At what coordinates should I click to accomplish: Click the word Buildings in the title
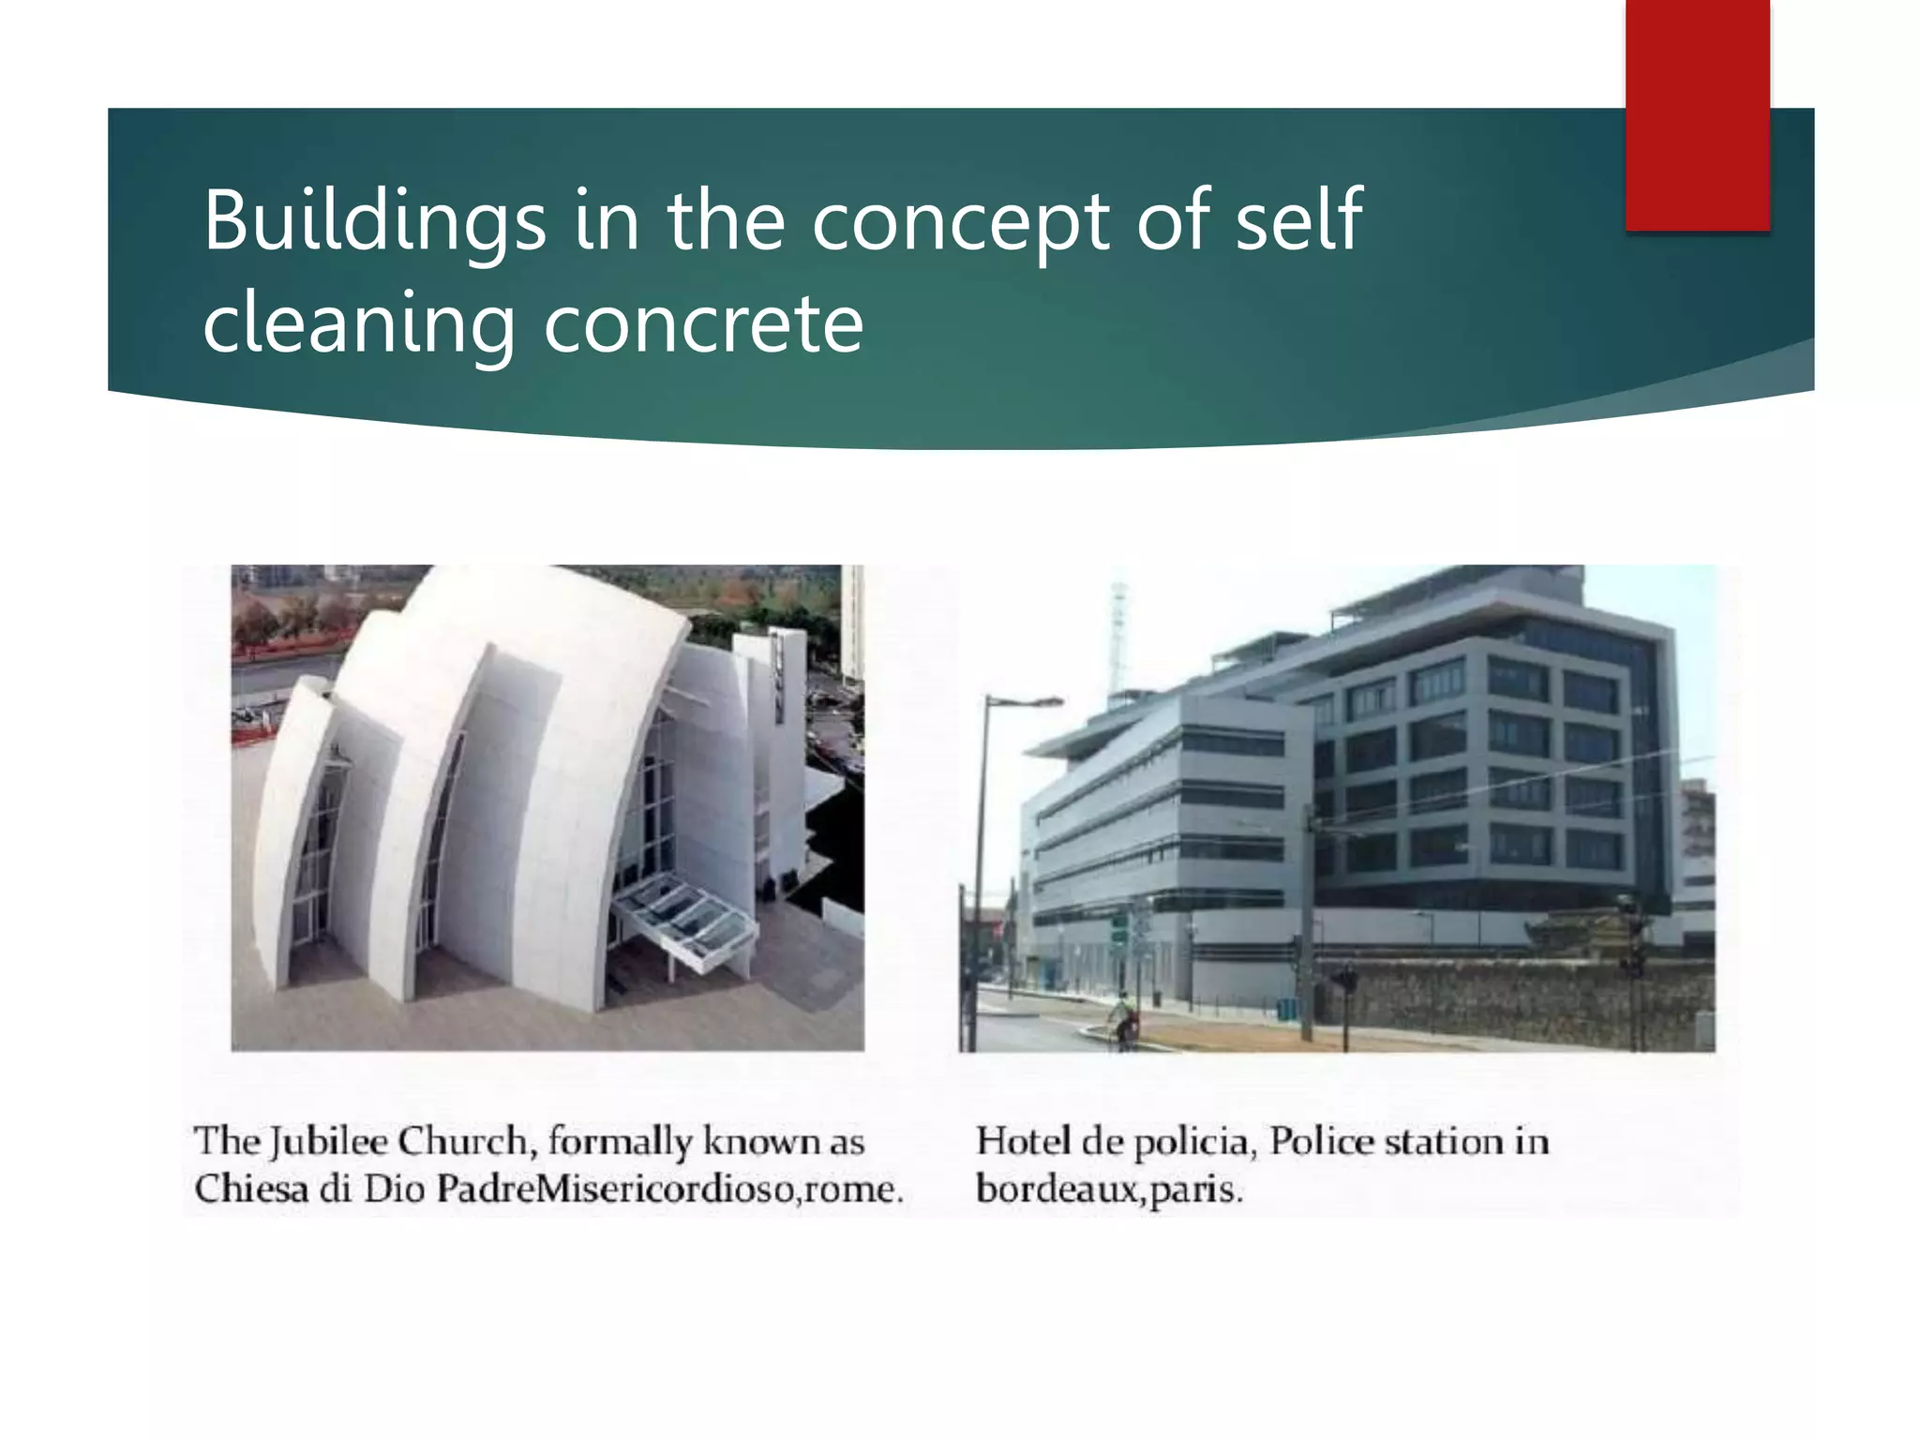tap(374, 221)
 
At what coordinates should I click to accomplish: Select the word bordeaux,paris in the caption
tap(1109, 1191)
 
